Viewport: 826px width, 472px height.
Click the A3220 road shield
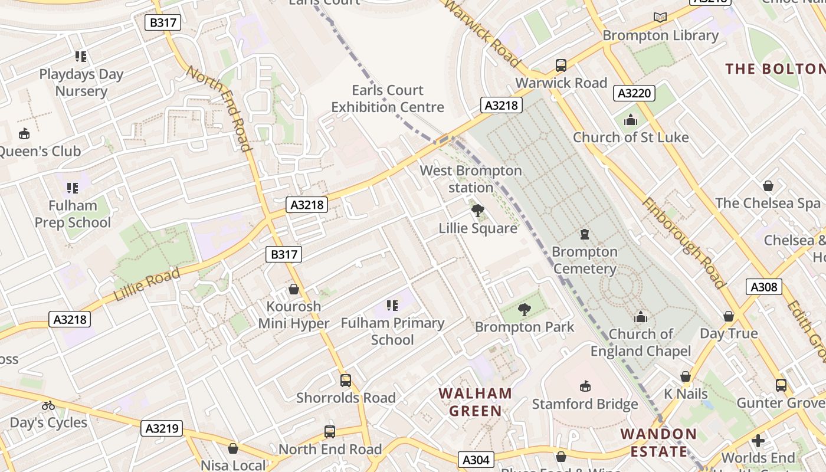tap(634, 93)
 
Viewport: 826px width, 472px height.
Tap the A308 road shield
tap(764, 287)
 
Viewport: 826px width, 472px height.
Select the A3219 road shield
tap(162, 428)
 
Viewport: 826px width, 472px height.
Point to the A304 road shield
tap(476, 460)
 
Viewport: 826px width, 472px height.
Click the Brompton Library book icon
tap(660, 18)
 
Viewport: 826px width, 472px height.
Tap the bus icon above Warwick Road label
tap(561, 65)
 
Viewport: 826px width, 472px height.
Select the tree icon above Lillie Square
tap(477, 210)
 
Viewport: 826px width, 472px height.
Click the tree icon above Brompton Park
tap(523, 309)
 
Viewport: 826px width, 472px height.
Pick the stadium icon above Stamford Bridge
tap(585, 386)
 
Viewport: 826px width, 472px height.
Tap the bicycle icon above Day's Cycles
tap(48, 405)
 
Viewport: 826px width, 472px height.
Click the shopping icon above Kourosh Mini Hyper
tap(293, 289)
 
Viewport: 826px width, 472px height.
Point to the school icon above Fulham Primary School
tap(392, 305)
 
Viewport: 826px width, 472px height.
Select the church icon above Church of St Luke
tap(631, 120)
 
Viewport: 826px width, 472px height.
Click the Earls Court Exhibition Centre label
tap(388, 99)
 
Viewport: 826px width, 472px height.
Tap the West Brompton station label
tap(471, 179)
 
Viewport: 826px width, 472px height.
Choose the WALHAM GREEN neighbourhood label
tap(475, 402)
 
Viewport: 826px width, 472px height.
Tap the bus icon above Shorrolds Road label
tap(346, 381)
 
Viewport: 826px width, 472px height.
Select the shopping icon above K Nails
tap(685, 376)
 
